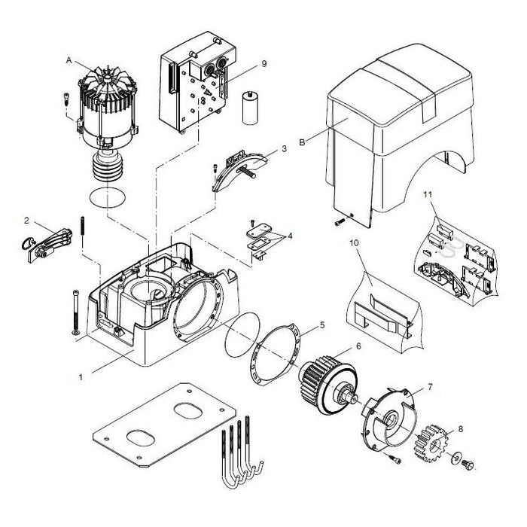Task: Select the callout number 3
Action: [284, 149]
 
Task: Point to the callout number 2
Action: [26, 221]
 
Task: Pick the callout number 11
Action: [426, 195]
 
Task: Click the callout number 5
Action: [321, 325]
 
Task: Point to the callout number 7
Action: [430, 386]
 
